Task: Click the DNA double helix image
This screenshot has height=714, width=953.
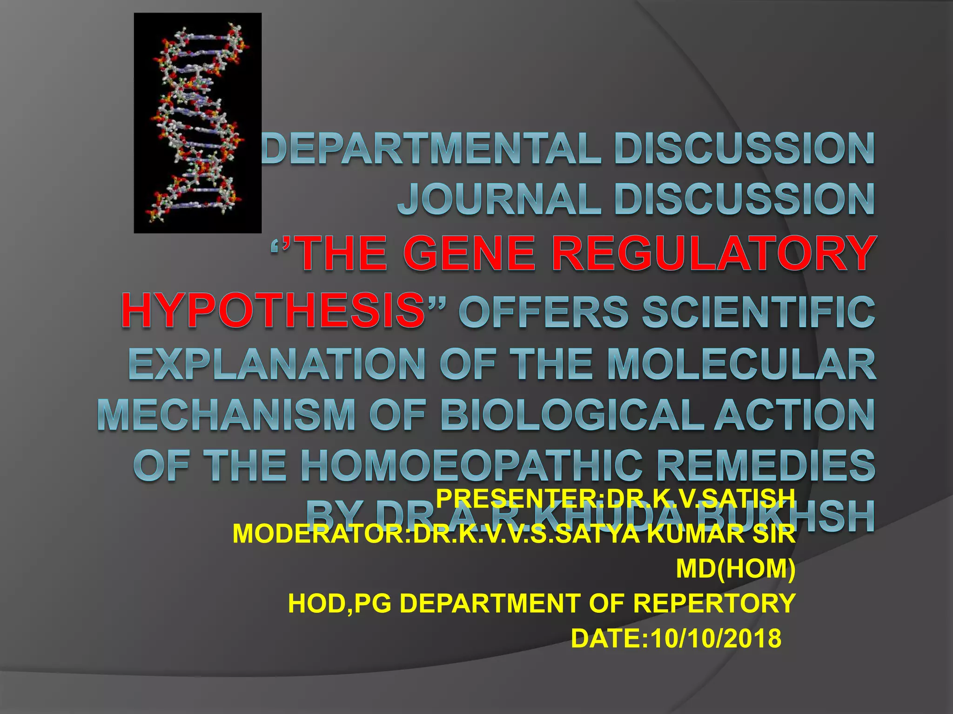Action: click(x=197, y=123)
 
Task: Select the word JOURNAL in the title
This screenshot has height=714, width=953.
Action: click(x=498, y=199)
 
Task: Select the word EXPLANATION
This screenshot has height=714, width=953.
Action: click(x=276, y=364)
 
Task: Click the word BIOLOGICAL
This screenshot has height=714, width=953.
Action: click(x=572, y=415)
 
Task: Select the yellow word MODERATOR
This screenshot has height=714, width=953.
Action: click(x=319, y=534)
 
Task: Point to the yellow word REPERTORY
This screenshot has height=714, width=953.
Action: click(x=714, y=603)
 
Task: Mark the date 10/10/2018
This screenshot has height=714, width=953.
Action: click(x=716, y=638)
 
